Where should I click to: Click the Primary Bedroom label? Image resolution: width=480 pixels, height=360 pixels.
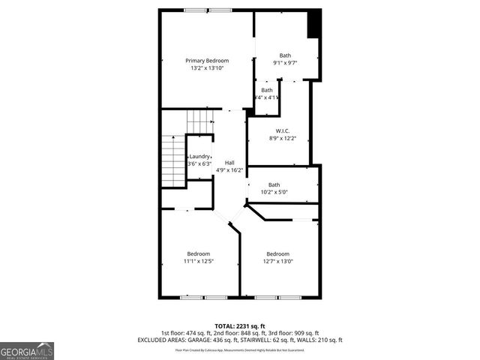[x=207, y=61]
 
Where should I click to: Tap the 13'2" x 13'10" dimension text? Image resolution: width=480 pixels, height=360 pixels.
[x=207, y=68]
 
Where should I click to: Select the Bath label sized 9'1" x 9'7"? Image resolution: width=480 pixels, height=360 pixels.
[x=285, y=55]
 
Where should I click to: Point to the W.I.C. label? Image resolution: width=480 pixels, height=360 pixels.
[x=283, y=131]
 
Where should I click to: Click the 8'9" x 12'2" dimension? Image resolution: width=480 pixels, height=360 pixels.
[x=283, y=139]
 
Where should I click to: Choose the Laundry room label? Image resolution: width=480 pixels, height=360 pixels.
[x=199, y=156]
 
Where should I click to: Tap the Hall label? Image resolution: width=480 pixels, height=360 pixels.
[x=229, y=163]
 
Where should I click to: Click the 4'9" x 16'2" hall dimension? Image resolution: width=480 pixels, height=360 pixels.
[x=229, y=170]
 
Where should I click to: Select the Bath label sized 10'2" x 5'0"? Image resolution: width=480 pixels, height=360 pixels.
[x=274, y=185]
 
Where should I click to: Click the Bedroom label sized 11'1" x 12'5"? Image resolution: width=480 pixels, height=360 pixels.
[x=199, y=253]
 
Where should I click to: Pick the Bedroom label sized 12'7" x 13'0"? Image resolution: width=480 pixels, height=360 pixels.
[x=277, y=253]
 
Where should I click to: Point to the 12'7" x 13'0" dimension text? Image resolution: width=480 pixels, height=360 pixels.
[x=277, y=261]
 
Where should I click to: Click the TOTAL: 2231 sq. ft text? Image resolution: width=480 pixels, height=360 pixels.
[x=240, y=325]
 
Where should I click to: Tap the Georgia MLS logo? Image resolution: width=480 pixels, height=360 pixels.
[x=27, y=350]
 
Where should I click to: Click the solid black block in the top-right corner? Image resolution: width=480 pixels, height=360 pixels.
[x=314, y=23]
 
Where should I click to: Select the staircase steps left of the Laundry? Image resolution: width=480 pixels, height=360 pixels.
[x=174, y=161]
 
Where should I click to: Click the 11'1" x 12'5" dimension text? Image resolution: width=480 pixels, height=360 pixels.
[x=199, y=261]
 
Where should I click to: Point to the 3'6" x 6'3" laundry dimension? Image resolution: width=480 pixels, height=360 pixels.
[x=199, y=163]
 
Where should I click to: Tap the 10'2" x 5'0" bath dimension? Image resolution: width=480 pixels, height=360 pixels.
[x=274, y=193]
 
